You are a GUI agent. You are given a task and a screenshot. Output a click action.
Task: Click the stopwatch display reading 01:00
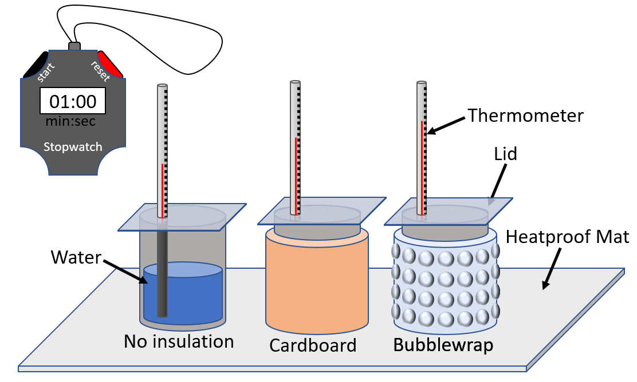(x=72, y=101)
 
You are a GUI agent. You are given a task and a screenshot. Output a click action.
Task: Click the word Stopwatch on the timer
(x=73, y=147)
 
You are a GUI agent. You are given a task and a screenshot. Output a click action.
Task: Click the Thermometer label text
(x=525, y=116)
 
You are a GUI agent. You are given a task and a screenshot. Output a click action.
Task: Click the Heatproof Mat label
(x=567, y=237)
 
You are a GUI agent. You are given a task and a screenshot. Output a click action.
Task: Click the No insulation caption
(x=179, y=341)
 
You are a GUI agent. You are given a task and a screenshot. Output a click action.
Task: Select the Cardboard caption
(x=313, y=345)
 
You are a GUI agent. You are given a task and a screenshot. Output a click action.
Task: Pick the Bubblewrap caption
(x=443, y=345)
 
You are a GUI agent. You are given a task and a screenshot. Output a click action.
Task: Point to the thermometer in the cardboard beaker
(x=295, y=149)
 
